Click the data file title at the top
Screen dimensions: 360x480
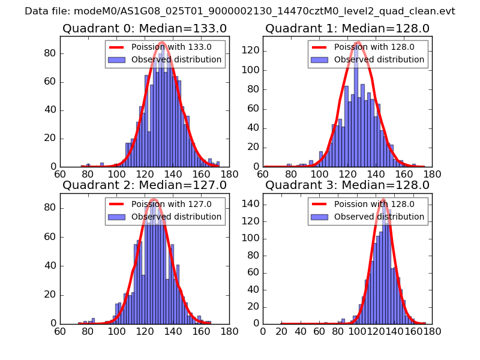tap(240, 11)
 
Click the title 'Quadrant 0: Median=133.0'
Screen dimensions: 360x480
tap(145, 28)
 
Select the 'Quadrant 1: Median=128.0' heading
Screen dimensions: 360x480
tap(347, 28)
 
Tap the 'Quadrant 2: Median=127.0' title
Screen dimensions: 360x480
tap(145, 185)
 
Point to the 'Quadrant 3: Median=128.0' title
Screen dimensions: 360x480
tap(347, 185)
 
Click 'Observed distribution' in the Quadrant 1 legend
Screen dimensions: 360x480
tap(379, 59)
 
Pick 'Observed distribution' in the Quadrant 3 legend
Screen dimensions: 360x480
tap(379, 216)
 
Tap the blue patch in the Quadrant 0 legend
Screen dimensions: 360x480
tap(118, 59)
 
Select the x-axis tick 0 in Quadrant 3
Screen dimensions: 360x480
tap(263, 330)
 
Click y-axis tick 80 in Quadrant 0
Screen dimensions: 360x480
tap(49, 53)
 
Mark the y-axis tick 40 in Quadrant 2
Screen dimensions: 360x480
tap(49, 266)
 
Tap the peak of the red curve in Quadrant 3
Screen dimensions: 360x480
tap(383, 200)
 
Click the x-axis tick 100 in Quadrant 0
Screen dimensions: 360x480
tap(116, 173)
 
